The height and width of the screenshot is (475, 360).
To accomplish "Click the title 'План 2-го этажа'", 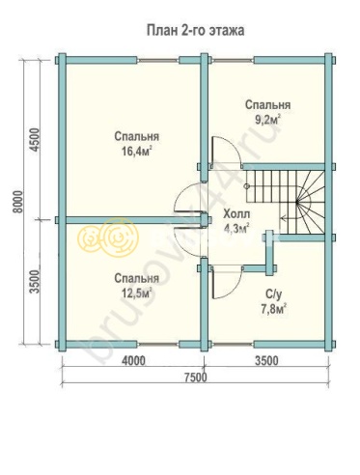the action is click(x=195, y=31).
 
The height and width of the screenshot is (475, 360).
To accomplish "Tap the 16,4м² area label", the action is click(x=137, y=152).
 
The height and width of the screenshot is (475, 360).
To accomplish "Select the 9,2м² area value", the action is click(x=267, y=120).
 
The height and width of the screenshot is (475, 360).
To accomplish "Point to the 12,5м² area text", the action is click(x=137, y=293).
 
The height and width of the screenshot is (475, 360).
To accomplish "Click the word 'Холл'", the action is click(x=236, y=214).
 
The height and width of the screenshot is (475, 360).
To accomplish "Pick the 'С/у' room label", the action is click(x=273, y=294).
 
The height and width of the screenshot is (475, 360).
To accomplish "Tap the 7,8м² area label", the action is click(x=273, y=309).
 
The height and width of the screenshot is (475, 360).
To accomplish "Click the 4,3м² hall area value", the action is click(x=236, y=229).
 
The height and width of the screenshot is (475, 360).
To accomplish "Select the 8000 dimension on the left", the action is click(x=18, y=202).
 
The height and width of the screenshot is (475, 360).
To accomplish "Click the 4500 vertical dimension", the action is click(x=35, y=140).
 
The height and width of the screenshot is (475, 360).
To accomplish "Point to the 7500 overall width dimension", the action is click(x=195, y=377).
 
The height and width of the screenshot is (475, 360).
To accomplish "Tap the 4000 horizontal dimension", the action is click(x=133, y=361).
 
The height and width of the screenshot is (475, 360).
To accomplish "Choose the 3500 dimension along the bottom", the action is click(x=266, y=361).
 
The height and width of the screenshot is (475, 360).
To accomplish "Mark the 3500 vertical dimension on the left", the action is click(x=35, y=281).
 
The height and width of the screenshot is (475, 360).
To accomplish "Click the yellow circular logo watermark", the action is click(x=108, y=238).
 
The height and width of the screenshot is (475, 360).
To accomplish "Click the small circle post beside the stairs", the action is click(x=247, y=186).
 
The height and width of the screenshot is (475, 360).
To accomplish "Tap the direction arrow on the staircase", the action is click(x=287, y=218).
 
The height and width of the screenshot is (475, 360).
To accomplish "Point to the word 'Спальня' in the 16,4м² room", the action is click(x=137, y=136).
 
